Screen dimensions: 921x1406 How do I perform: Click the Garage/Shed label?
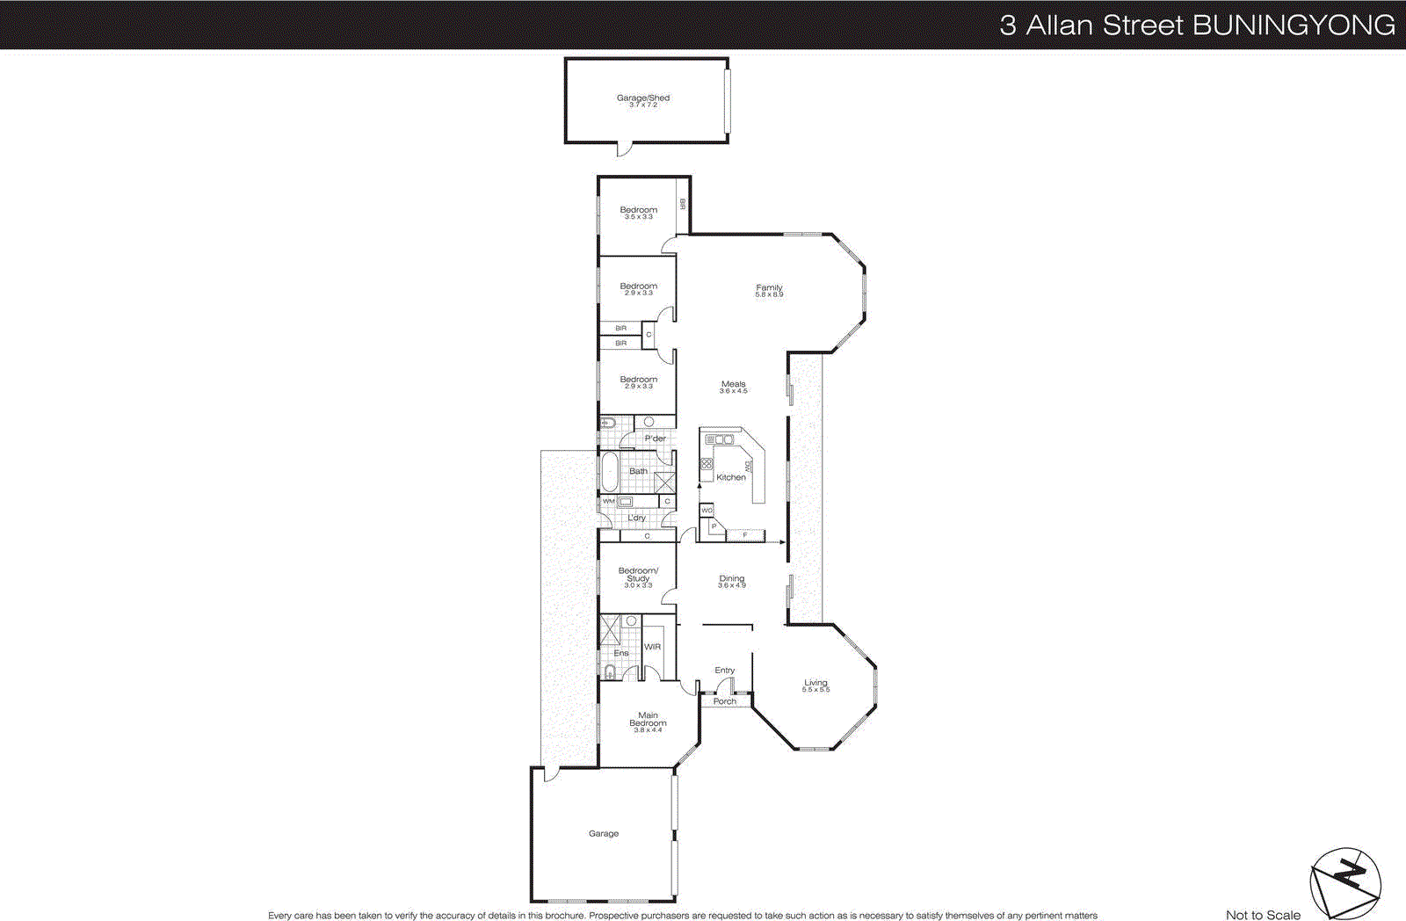tap(642, 99)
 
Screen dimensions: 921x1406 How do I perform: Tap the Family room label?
tap(769, 289)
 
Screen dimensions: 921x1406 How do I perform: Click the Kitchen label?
tap(730, 477)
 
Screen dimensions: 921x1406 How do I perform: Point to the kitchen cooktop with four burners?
tap(706, 463)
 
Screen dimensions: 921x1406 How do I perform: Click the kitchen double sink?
tap(720, 439)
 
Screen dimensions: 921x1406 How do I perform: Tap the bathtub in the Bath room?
tap(609, 472)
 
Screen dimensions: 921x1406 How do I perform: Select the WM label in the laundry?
tap(608, 502)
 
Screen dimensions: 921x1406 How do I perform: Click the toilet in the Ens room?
tap(610, 673)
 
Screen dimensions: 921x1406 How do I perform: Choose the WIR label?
tap(652, 647)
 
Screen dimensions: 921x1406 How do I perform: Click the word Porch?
tap(724, 701)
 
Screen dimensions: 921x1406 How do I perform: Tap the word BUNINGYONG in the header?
tap(1294, 25)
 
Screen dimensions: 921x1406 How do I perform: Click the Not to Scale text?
tap(1263, 915)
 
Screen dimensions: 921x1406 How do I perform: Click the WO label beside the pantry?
tap(707, 511)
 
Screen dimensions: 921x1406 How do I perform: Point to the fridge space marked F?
tap(745, 534)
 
